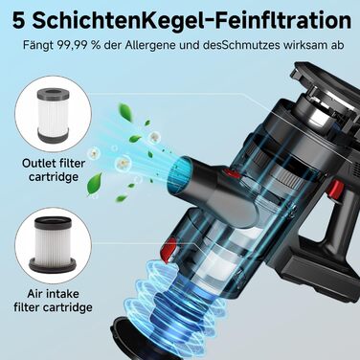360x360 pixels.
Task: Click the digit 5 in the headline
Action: click(x=17, y=21)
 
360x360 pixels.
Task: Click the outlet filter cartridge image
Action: click(x=53, y=115)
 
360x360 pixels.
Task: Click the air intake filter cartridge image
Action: click(x=53, y=244)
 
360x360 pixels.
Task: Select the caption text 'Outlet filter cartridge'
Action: click(x=54, y=169)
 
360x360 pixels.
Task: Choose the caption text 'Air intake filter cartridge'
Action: click(x=53, y=301)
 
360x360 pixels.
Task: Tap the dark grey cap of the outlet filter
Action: click(x=53, y=94)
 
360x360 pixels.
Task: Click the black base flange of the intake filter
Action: click(x=53, y=265)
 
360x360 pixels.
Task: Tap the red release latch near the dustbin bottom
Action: click(x=167, y=250)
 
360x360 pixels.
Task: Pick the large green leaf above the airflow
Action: click(x=125, y=112)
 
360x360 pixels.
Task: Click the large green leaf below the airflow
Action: click(x=95, y=184)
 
